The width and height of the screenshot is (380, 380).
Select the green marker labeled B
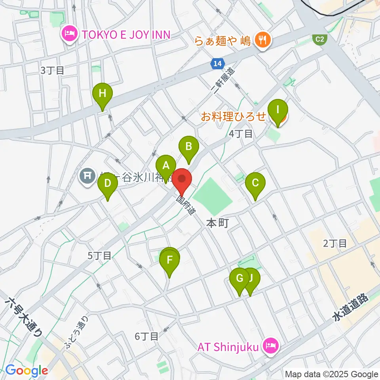[x=189, y=147]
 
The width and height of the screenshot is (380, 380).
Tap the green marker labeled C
[x=255, y=183]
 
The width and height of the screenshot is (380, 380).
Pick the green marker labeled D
[x=107, y=184]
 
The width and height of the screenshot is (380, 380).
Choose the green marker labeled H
[x=103, y=94]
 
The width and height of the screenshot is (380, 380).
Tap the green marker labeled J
[x=251, y=278]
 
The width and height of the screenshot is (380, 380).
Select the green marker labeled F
[x=170, y=260]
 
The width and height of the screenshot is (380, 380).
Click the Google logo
[x=27, y=371]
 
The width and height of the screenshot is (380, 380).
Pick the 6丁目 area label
[x=146, y=336]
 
